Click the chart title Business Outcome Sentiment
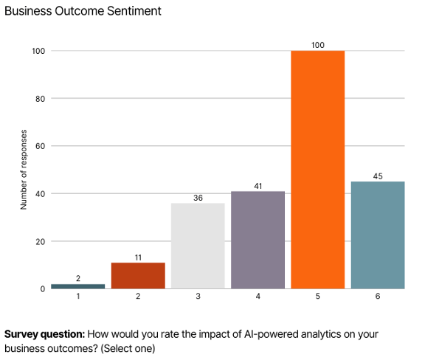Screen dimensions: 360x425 (83, 11)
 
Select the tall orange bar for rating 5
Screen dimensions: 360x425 (317, 170)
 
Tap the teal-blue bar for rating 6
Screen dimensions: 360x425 (378, 235)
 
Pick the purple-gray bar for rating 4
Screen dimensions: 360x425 (258, 240)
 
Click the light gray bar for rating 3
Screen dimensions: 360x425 (198, 246)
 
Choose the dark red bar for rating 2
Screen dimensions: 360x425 (138, 275)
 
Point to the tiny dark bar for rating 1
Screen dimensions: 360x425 (78, 286)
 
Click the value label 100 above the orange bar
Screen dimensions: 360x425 (317, 45)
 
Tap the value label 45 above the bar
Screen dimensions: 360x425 (378, 176)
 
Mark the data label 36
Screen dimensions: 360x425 (198, 197)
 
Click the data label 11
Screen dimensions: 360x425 (138, 257)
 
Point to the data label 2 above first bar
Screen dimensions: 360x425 (78, 278)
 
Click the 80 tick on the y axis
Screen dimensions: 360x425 (41, 98)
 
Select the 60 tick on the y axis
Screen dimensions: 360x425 (41, 146)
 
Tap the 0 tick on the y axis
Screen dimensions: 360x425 (43, 289)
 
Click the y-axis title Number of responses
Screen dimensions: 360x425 (24, 170)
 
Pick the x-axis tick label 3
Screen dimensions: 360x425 (198, 297)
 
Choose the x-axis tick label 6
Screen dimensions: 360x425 (378, 297)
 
